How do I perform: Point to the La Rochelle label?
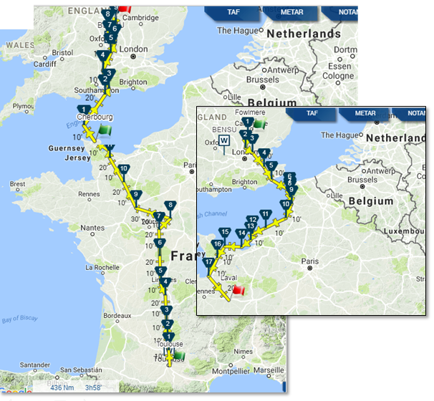[x=103, y=267]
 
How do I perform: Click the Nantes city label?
[x=92, y=228]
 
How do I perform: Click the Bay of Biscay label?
[x=19, y=319]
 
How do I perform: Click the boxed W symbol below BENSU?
[x=224, y=140]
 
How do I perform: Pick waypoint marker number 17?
[x=208, y=264]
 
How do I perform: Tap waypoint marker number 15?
[x=225, y=233]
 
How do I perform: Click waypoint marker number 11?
[x=266, y=215]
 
